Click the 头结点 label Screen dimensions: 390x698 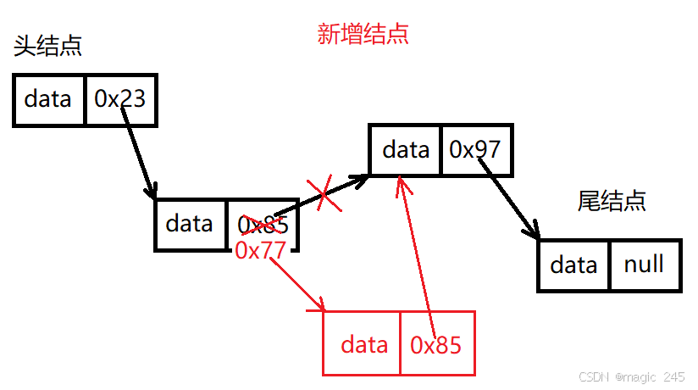(x=47, y=46)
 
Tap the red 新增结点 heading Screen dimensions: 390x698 (x=363, y=34)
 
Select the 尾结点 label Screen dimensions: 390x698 (x=612, y=201)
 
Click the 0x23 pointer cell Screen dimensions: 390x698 (x=120, y=100)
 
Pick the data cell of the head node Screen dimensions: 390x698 (x=48, y=100)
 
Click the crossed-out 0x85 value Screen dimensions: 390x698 (x=263, y=225)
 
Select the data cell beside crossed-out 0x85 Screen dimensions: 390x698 (x=190, y=224)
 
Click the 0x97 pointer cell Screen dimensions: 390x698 (x=475, y=150)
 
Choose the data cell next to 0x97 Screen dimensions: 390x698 (x=406, y=151)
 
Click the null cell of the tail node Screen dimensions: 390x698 (x=644, y=265)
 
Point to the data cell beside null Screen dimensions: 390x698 (x=573, y=265)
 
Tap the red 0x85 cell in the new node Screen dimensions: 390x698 (x=436, y=344)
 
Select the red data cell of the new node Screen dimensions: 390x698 (x=363, y=344)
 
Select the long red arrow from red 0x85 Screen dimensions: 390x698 (x=414, y=254)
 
